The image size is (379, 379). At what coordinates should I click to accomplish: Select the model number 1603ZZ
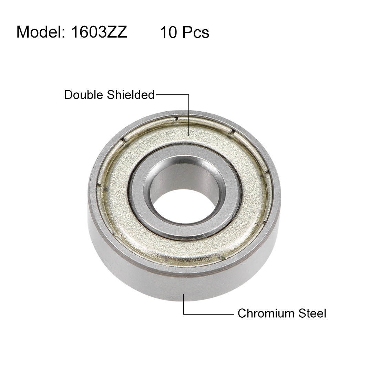[99, 32]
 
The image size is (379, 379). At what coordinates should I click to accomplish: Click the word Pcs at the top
[196, 32]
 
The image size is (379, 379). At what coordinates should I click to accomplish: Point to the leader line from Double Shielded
[188, 114]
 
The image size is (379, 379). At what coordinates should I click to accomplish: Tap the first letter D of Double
[68, 94]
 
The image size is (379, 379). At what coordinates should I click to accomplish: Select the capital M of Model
[23, 32]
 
